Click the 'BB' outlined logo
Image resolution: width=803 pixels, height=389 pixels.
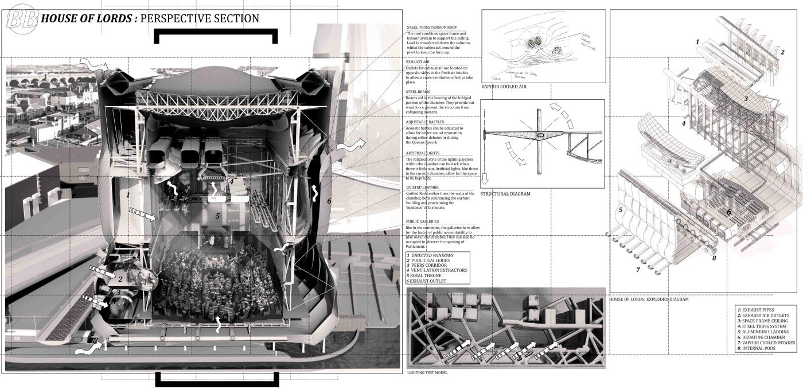tap(21, 19)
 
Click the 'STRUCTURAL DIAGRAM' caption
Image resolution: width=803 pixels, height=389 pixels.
tap(505, 194)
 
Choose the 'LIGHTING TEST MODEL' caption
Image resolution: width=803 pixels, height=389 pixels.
tap(428, 372)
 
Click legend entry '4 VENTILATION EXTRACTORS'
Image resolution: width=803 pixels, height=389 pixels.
tap(436, 270)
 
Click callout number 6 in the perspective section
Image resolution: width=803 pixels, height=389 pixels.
tap(329, 201)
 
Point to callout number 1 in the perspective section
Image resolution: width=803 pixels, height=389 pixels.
tap(128, 195)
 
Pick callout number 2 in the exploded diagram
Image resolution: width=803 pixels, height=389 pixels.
tap(782, 52)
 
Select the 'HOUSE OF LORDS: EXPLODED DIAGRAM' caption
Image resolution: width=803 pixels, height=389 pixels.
tap(648, 299)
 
